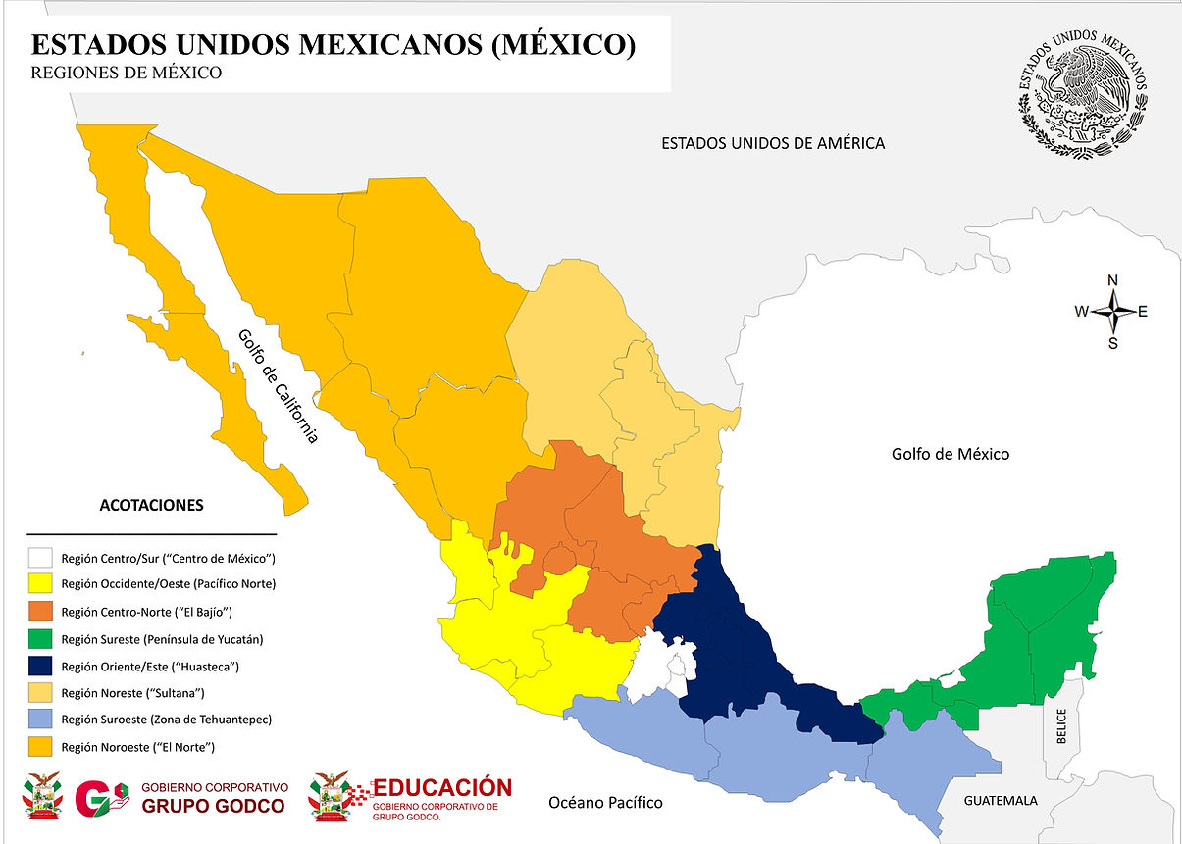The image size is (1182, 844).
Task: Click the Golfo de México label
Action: click(950, 454)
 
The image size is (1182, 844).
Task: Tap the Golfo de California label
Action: click(278, 386)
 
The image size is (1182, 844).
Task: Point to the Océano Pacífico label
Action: click(604, 803)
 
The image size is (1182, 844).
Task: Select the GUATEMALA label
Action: click(1000, 801)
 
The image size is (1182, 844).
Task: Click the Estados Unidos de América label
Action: click(773, 143)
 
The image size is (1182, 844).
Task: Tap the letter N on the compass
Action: click(1112, 280)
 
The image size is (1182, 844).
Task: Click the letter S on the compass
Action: click(1112, 343)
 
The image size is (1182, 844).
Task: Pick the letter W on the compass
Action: click(1081, 312)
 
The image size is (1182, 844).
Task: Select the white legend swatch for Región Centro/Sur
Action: click(40, 558)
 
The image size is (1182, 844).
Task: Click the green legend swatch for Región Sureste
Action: click(40, 639)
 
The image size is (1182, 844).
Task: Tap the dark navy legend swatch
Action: click(40, 666)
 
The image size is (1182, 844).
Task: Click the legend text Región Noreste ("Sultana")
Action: click(132, 693)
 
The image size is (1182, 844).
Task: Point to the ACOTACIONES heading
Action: click(151, 506)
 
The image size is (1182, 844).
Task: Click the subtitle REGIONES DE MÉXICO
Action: click(126, 73)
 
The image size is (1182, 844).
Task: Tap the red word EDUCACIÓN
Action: click(442, 788)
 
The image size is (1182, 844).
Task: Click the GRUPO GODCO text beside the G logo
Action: click(213, 806)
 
